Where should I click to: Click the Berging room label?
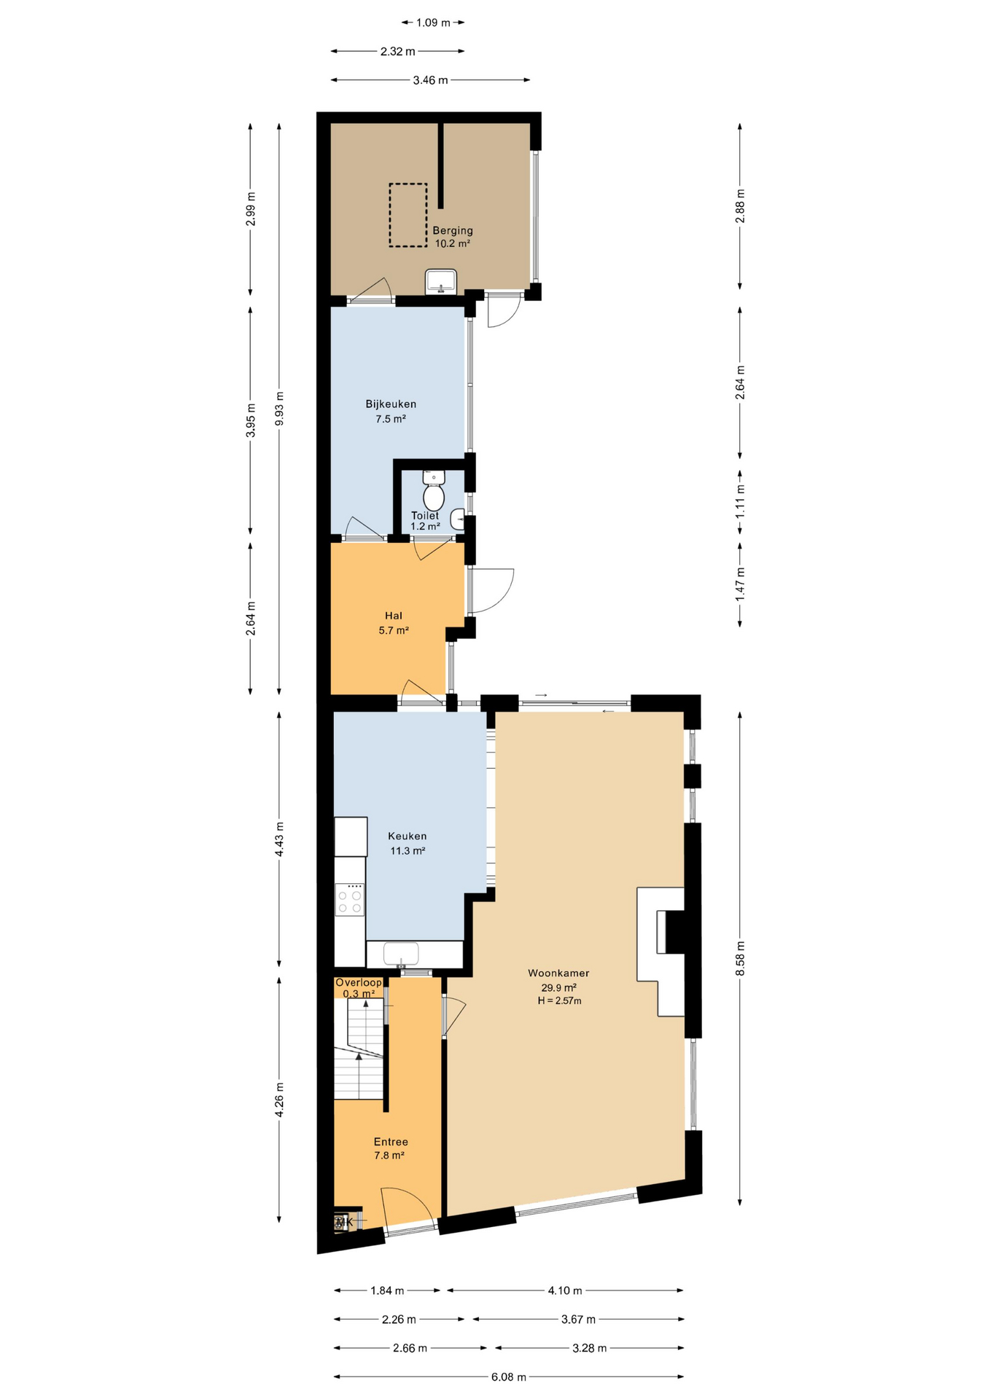coord(453,231)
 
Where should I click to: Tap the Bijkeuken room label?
coord(391,404)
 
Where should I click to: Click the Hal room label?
coord(394,616)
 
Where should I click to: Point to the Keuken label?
coord(408,836)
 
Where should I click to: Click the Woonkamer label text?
coord(558,973)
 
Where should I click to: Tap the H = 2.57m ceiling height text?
coord(559,1001)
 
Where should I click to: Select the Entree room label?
coord(391,1142)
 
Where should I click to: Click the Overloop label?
coord(359,982)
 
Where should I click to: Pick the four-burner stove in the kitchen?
coord(350,898)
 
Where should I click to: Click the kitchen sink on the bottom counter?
coord(401,954)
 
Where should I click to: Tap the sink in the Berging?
coord(441,281)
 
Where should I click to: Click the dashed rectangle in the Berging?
coord(408,215)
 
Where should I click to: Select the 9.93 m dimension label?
coord(279,409)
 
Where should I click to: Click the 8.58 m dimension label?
coord(740,958)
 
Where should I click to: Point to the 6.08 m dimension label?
coord(509,1377)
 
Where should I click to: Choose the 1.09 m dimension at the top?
coord(433,23)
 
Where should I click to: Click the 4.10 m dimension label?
coord(565,1290)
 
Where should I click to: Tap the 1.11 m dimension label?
coord(740,502)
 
